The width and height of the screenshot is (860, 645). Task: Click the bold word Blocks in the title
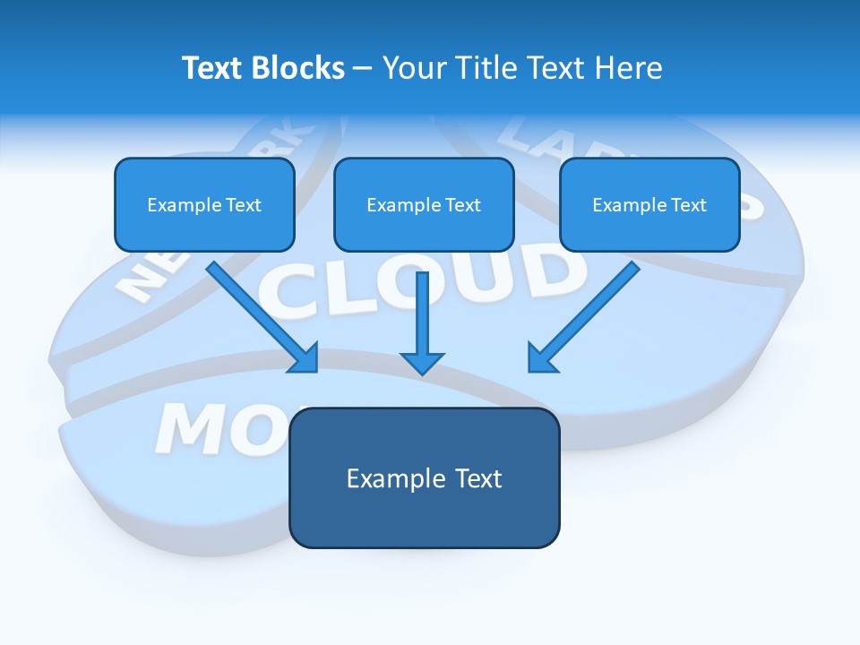299,68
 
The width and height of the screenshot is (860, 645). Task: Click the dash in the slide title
363,69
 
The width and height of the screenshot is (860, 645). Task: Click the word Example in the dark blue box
389,478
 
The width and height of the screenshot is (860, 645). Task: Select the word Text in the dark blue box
478,478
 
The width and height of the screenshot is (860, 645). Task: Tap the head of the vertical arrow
422,362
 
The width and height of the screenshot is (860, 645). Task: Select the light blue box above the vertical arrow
424,204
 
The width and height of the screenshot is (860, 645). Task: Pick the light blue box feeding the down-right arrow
204,204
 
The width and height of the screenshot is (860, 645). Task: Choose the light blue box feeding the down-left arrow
649,204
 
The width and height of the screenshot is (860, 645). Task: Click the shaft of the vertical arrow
422,309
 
